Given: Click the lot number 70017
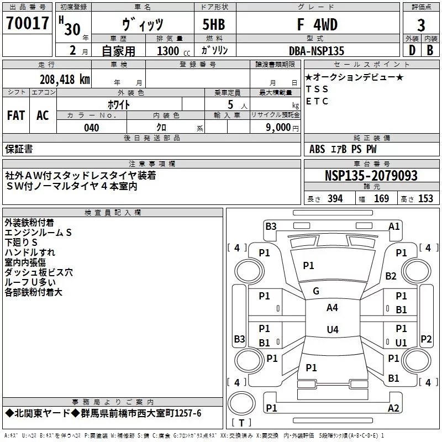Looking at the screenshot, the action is [27, 23].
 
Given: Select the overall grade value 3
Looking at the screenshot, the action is [421, 25].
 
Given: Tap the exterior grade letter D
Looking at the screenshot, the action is [412, 50].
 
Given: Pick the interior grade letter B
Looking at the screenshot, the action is [430, 50].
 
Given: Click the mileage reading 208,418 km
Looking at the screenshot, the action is [65, 80].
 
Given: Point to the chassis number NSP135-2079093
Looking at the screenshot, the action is [371, 176].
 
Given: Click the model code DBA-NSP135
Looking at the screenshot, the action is [317, 51].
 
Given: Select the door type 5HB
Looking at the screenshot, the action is [214, 24].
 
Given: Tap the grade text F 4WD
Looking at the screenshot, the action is [317, 24].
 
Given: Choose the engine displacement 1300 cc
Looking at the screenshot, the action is [173, 51].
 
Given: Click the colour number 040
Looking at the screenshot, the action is [91, 128].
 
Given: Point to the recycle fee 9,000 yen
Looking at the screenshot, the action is [282, 128].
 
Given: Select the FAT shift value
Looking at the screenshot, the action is [16, 115].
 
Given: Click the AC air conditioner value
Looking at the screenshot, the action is [43, 115].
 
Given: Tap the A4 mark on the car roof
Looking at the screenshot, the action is [332, 308].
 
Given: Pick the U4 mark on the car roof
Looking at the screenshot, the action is [333, 329].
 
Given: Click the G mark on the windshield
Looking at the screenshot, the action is [316, 291].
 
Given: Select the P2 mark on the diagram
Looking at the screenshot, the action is [426, 339].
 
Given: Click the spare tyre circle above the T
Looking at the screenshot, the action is [241, 403].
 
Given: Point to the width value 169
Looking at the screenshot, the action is [381, 198].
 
